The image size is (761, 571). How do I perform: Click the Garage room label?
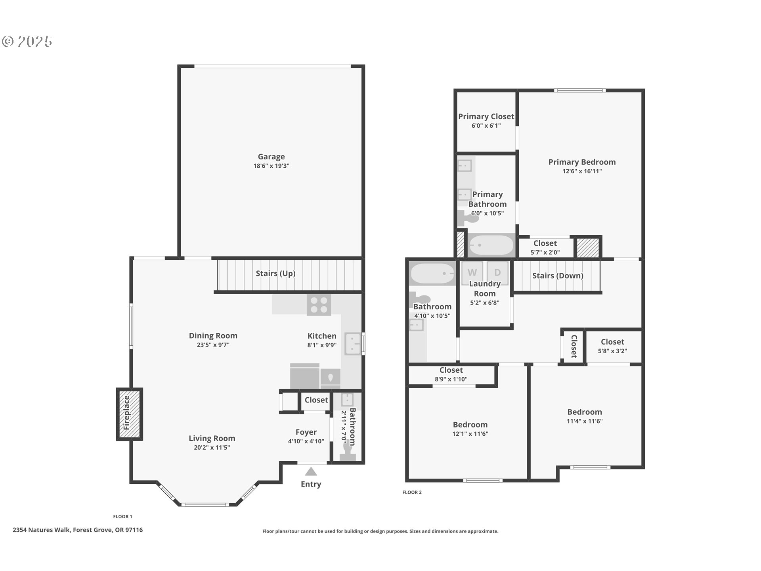[x=271, y=157]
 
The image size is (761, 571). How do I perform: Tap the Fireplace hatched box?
[x=129, y=414]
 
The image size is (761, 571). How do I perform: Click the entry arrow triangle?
[x=311, y=471]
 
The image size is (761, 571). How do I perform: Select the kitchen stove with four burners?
[x=319, y=305]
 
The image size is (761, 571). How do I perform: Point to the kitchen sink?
[x=352, y=344]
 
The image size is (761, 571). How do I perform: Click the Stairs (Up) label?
[x=275, y=274]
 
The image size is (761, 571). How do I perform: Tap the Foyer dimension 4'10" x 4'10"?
[x=306, y=441]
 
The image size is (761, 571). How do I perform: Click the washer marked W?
[x=472, y=272]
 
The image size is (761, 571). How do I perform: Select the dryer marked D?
[x=497, y=272]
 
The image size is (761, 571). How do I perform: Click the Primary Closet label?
[x=486, y=117]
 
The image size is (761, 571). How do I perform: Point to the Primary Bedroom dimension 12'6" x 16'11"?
[x=582, y=171]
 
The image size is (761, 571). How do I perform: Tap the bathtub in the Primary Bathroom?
[x=491, y=245]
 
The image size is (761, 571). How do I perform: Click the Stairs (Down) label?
[x=557, y=276]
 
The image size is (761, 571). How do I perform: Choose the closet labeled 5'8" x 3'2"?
[x=612, y=346]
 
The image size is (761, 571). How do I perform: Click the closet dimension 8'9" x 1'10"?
[x=451, y=379]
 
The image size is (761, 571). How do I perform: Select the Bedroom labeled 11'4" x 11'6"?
[x=584, y=416]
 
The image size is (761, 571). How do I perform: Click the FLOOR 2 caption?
[x=412, y=492]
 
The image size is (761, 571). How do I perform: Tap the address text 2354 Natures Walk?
[x=78, y=530]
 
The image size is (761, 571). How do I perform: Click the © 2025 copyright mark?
[x=27, y=42]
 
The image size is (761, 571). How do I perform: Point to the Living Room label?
[x=212, y=439]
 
